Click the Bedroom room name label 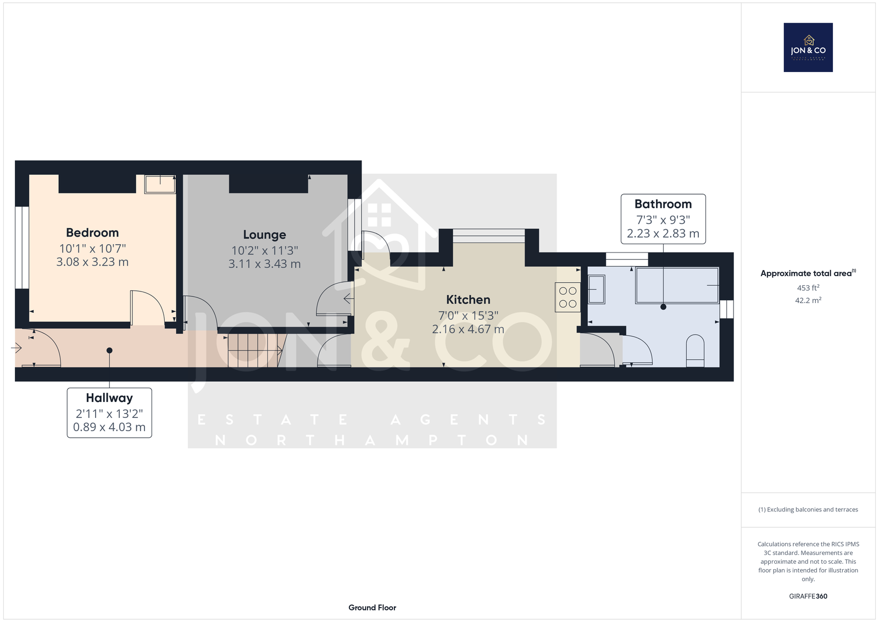92,233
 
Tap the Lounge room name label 264,235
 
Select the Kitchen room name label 468,300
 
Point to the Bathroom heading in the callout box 663,204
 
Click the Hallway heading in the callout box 109,398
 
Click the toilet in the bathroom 695,350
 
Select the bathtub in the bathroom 677,285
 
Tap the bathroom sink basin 597,289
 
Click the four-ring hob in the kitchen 568,298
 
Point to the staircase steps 255,350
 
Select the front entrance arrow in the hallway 16,348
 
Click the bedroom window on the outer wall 22,247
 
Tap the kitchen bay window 488,236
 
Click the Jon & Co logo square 808,47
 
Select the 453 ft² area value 808,288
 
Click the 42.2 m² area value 808,300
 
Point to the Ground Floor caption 372,608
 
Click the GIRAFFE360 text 808,596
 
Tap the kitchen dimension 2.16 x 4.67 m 468,329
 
